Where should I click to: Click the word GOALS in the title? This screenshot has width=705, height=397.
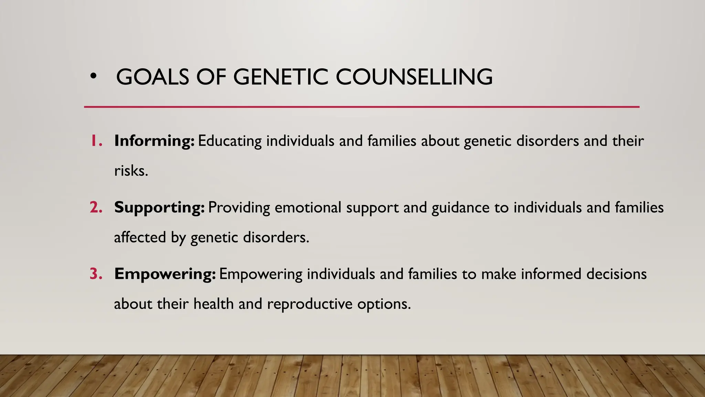tap(152, 77)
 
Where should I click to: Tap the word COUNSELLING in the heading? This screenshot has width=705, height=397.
tap(414, 77)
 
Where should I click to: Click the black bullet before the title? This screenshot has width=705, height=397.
tap(93, 77)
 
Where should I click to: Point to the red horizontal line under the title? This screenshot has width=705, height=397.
tap(361, 107)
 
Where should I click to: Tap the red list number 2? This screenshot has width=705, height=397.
tap(96, 207)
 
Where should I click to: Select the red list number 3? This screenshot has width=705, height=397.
tap(96, 274)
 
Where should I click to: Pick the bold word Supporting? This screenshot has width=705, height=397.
tap(159, 207)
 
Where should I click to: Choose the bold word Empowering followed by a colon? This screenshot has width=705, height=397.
tap(165, 274)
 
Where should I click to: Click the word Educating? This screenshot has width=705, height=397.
tap(230, 141)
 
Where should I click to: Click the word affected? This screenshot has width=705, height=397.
tap(140, 237)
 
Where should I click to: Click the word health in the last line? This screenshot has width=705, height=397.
tap(213, 304)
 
